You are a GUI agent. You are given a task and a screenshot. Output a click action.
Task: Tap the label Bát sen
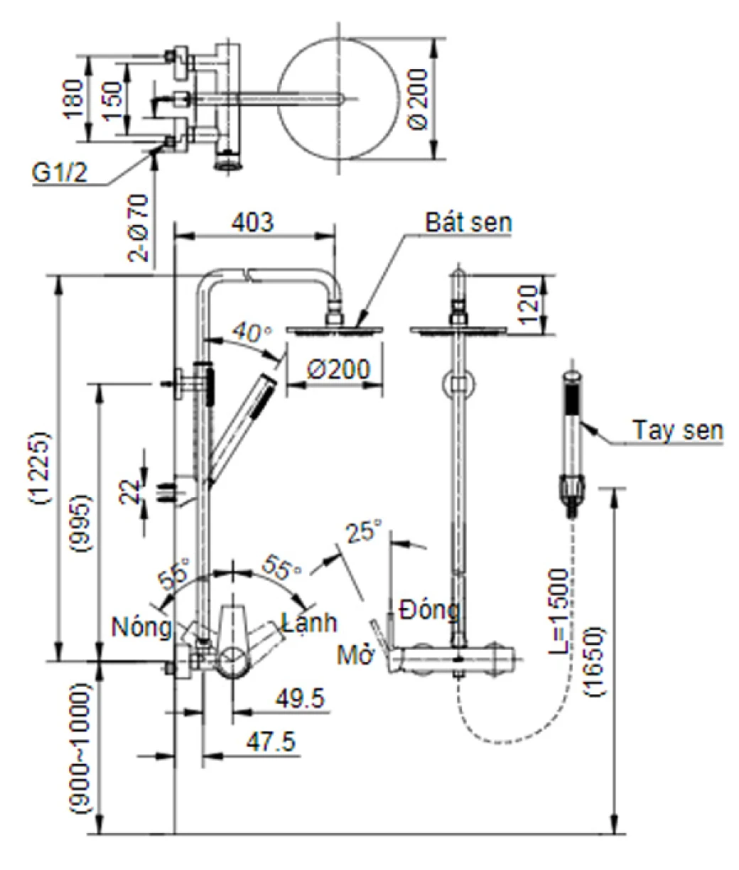[469, 222]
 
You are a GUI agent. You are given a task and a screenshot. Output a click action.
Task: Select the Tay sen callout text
[678, 430]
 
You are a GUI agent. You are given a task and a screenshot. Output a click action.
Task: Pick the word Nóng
[141, 626]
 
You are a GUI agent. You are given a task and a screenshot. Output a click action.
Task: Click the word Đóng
[428, 609]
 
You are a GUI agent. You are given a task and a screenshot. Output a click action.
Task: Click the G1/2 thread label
[61, 173]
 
